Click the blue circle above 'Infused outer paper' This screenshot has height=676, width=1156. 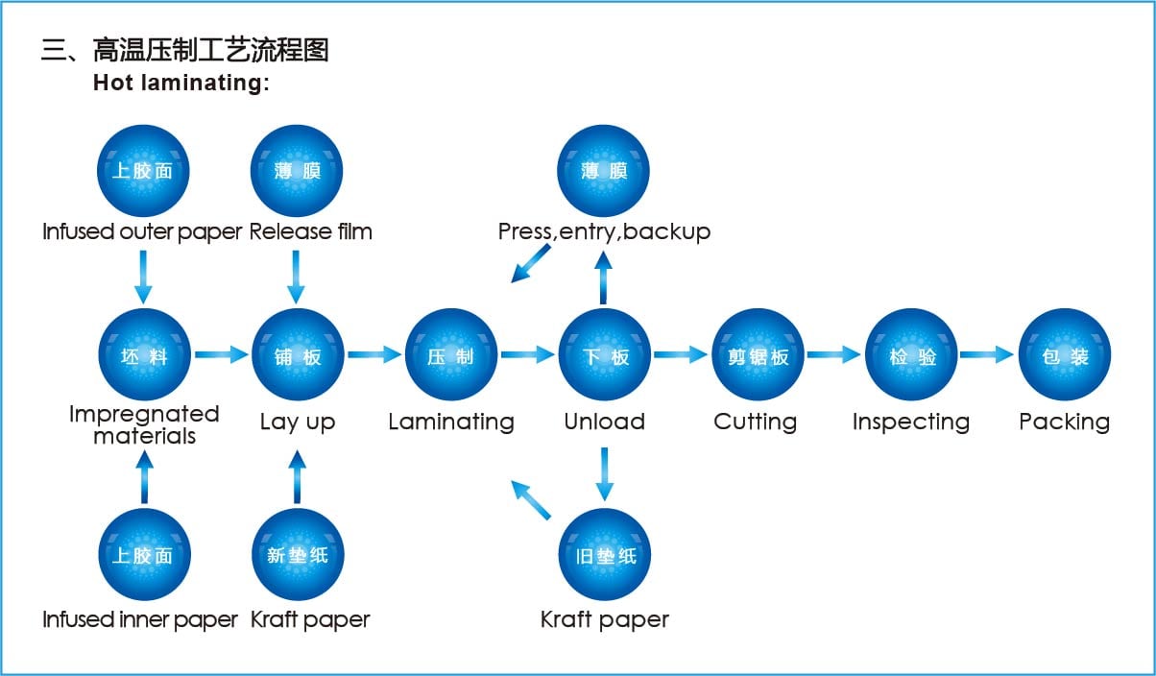(x=144, y=172)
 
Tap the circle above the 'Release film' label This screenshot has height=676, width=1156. (x=297, y=172)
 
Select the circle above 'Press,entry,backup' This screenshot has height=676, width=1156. (x=604, y=172)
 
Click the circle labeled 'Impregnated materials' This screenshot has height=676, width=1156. (x=144, y=355)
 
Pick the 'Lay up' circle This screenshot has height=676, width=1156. (x=297, y=355)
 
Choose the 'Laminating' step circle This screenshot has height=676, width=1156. (x=450, y=355)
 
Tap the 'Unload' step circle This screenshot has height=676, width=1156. (x=604, y=355)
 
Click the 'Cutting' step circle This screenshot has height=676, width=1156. (x=758, y=355)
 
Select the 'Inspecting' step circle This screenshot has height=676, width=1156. (x=911, y=355)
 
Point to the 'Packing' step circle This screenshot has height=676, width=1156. (x=1064, y=355)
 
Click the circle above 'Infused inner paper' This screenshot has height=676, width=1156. (x=144, y=555)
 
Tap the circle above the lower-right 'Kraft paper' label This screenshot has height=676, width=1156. (x=604, y=555)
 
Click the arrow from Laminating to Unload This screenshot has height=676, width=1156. (x=527, y=355)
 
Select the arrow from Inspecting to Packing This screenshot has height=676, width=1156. (x=987, y=355)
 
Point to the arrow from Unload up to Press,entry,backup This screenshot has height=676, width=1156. (x=604, y=278)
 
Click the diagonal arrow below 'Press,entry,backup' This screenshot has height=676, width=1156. (x=531, y=263)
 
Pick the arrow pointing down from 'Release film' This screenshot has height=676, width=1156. (x=297, y=276)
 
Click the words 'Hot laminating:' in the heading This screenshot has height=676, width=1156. (x=181, y=83)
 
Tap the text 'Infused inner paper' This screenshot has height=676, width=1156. (x=140, y=619)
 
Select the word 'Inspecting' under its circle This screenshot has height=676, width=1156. (x=911, y=422)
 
